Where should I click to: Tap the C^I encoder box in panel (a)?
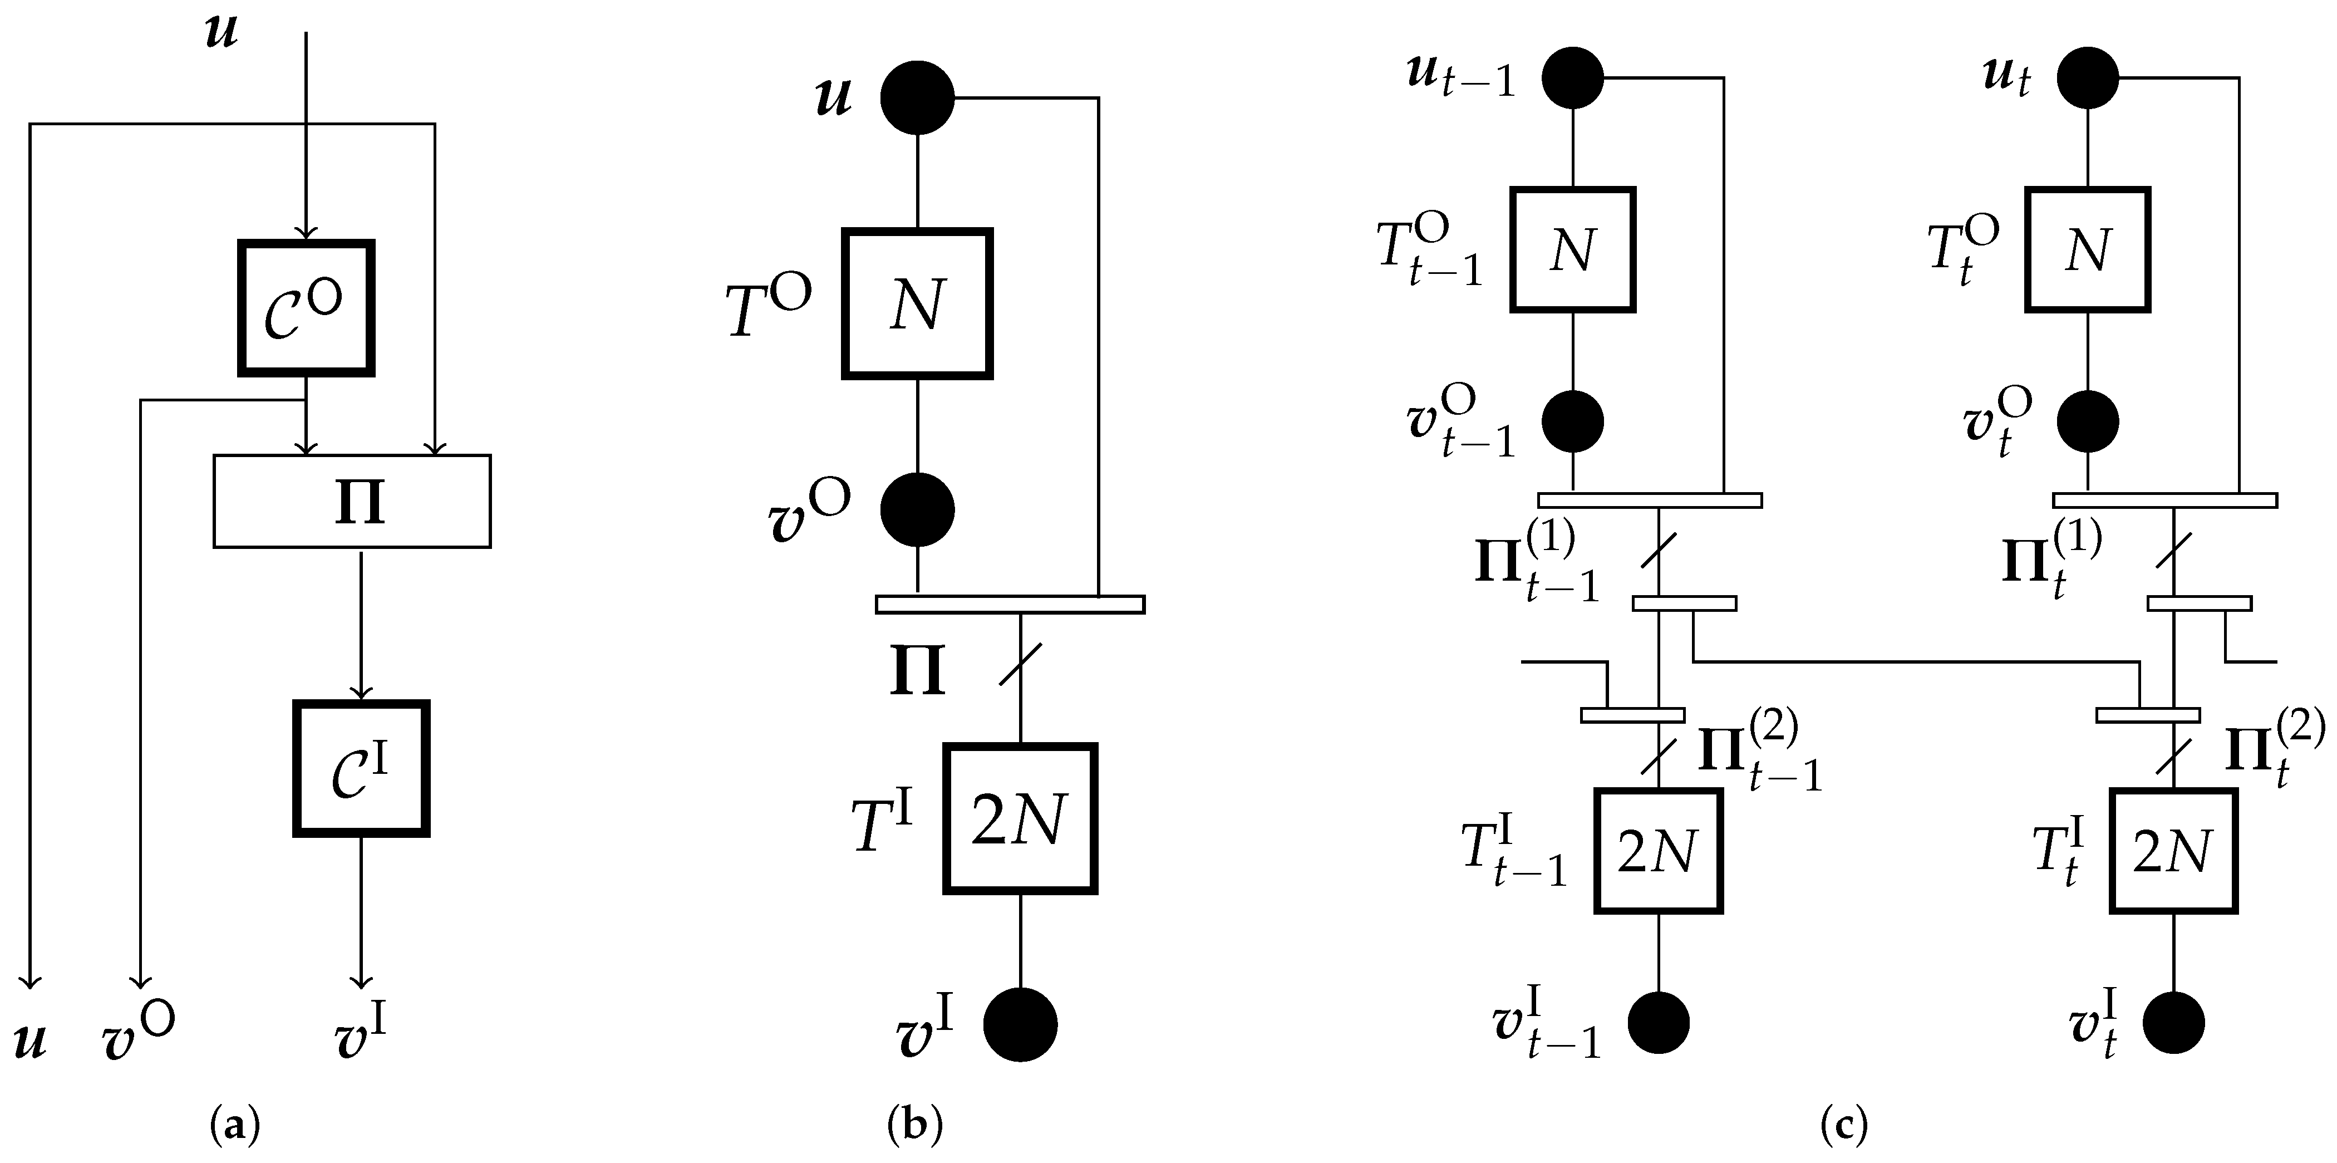(x=361, y=768)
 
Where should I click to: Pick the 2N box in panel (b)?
(x=1020, y=819)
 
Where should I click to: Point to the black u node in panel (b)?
(x=917, y=98)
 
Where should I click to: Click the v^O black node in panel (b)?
(x=917, y=510)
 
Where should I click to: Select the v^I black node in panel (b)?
(x=1020, y=1024)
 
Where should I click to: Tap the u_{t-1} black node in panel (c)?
(x=1573, y=78)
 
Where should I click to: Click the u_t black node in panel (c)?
(x=2088, y=78)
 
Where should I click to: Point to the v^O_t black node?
(x=2088, y=422)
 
